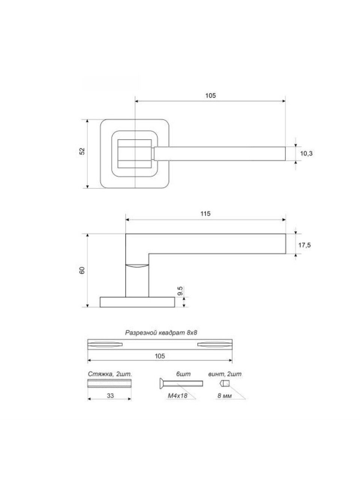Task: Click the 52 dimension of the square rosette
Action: [x=82, y=151]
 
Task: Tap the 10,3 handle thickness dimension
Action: [x=306, y=153]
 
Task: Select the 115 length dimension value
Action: [x=205, y=213]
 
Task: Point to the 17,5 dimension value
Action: [x=305, y=245]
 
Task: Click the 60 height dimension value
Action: [x=82, y=270]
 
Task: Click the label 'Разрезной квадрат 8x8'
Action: [x=161, y=339]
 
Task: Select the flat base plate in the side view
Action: [x=137, y=302]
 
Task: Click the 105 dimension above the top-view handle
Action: [x=210, y=96]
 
